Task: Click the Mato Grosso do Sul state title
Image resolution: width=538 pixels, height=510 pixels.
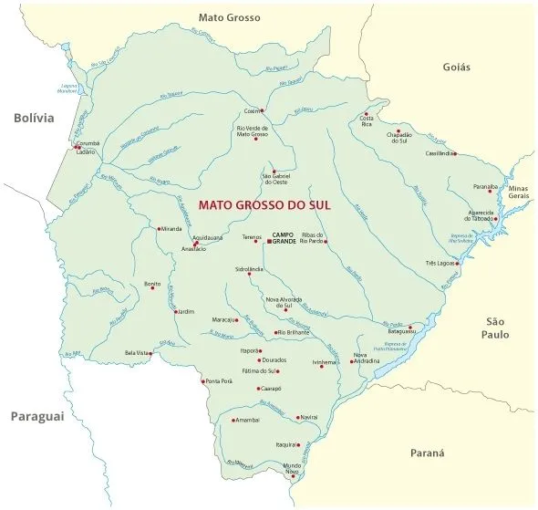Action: click(x=264, y=206)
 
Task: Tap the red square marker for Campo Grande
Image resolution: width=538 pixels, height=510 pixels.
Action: click(x=269, y=242)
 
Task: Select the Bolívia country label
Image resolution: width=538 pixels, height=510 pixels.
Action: click(x=34, y=118)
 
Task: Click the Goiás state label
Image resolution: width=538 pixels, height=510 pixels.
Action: click(x=456, y=67)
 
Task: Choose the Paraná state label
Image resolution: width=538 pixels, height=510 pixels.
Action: click(x=426, y=453)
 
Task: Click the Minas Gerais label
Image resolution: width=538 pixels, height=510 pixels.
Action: click(x=518, y=192)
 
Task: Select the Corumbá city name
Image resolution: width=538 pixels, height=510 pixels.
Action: click(x=88, y=143)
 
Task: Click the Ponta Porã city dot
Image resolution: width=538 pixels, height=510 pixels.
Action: click(x=203, y=380)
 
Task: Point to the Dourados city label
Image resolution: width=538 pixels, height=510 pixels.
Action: click(x=274, y=360)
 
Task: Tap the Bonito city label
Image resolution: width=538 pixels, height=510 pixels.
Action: click(x=152, y=284)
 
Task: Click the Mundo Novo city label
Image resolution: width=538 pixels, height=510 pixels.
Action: click(x=292, y=468)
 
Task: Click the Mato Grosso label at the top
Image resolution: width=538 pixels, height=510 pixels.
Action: click(x=230, y=16)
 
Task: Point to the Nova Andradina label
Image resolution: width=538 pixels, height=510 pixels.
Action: click(x=367, y=358)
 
